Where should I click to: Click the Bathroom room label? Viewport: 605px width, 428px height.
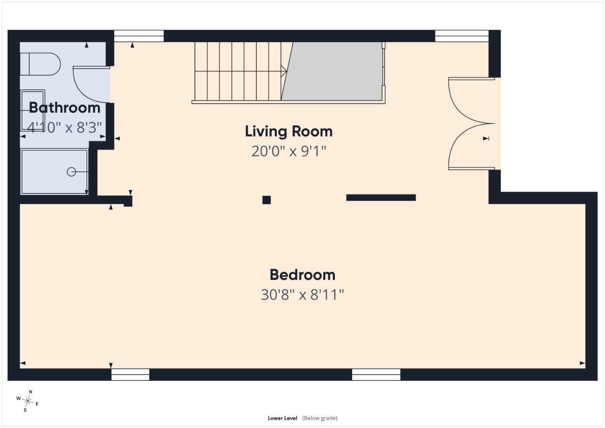(64, 107)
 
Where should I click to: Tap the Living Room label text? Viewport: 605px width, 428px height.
(288, 132)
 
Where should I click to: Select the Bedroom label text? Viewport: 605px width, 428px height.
(303, 275)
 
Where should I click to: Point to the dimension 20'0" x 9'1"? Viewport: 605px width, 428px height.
(289, 151)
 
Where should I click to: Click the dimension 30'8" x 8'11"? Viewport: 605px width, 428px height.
(302, 295)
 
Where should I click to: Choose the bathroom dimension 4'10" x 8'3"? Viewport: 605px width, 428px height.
(64, 127)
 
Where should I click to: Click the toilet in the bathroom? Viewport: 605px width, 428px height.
(40, 64)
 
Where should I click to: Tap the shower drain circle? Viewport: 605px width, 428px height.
(71, 172)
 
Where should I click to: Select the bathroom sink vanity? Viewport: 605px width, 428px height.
(33, 110)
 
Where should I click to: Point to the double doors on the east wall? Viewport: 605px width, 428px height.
(472, 124)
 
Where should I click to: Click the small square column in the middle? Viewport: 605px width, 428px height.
(267, 200)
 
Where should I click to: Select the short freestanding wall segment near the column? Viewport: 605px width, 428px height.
(381, 198)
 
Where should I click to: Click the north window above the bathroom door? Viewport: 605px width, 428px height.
(139, 36)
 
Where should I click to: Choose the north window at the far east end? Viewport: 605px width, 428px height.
(462, 36)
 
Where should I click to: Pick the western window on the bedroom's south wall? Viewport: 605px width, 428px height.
(130, 374)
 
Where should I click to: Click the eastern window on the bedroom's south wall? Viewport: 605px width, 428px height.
(376, 374)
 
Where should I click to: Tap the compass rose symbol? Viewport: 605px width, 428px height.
(28, 401)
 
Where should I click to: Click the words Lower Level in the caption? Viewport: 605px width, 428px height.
(283, 418)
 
